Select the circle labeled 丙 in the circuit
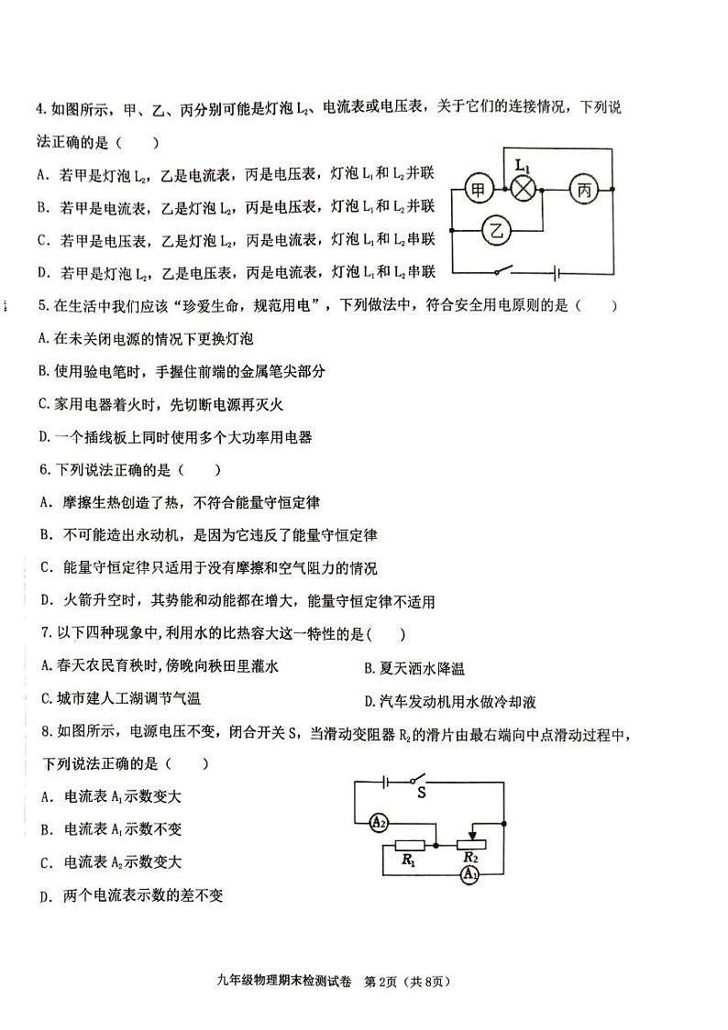[x=583, y=191]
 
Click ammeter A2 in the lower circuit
[x=378, y=823]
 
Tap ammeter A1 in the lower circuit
[x=469, y=876]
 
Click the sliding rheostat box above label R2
[x=470, y=844]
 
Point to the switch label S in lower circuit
[x=421, y=793]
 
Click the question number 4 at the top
[x=40, y=109]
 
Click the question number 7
[x=43, y=633]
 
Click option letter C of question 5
[x=43, y=404]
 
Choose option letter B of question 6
[x=44, y=535]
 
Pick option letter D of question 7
[x=369, y=702]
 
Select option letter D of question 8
[x=44, y=896]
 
